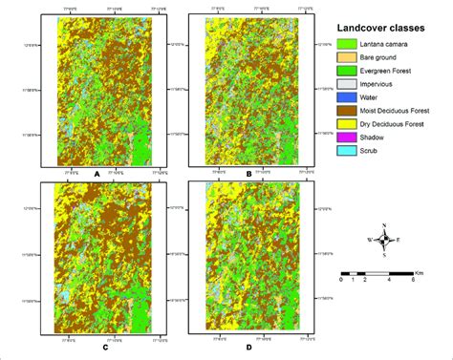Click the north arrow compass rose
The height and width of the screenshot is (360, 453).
pyautogui.click(x=383, y=240)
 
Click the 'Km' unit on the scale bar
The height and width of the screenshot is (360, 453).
pyautogui.click(x=427, y=267)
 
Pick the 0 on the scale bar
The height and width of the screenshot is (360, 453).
pyautogui.click(x=341, y=280)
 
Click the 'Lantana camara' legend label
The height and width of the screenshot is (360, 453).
pyautogui.click(x=391, y=45)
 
